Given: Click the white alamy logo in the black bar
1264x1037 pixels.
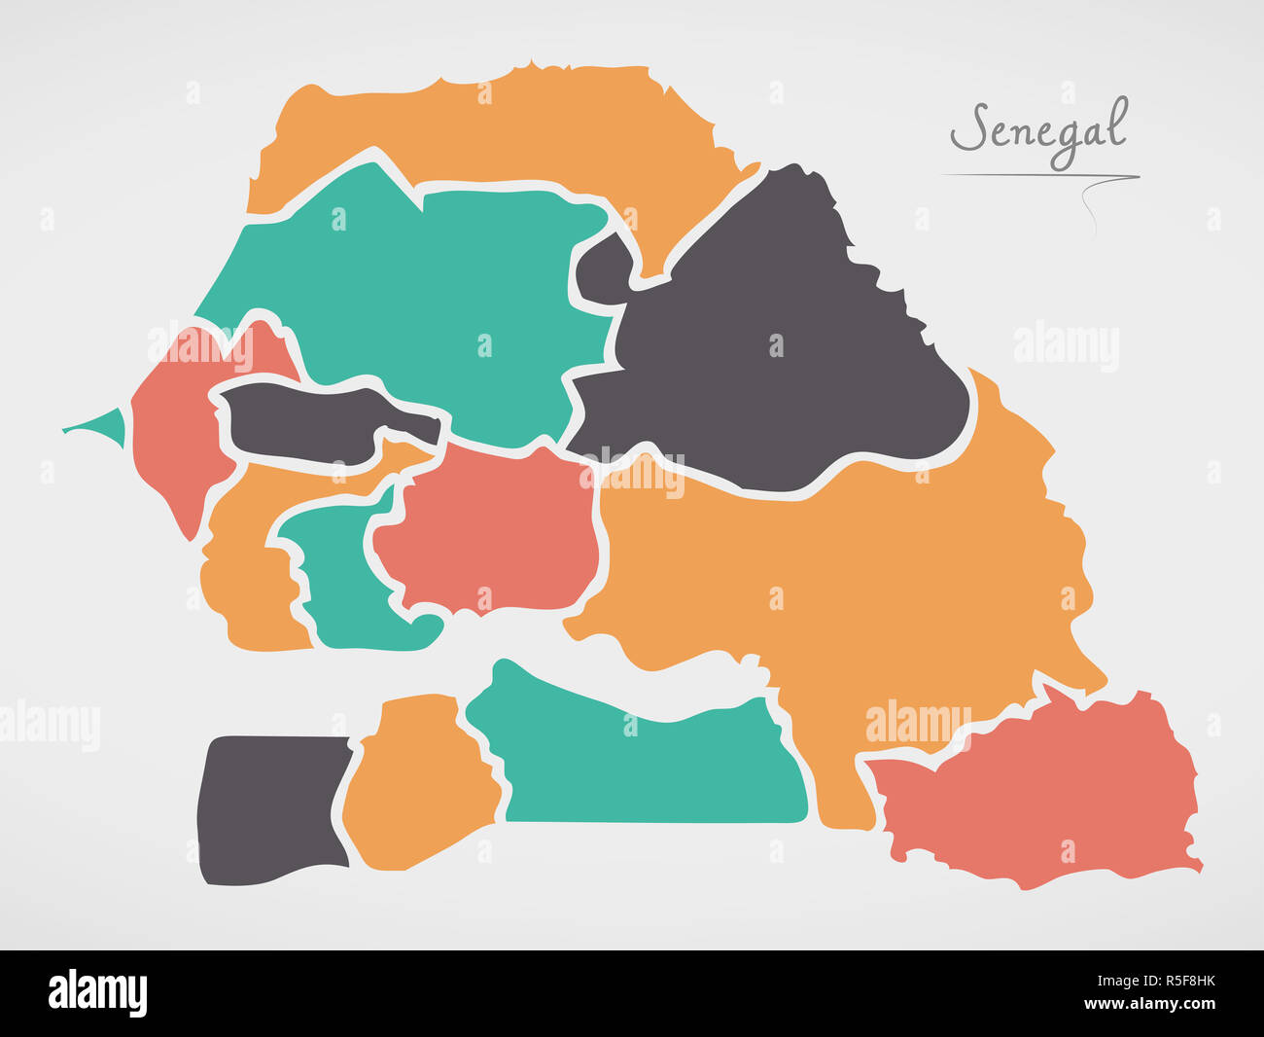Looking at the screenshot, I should click(x=98, y=993).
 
